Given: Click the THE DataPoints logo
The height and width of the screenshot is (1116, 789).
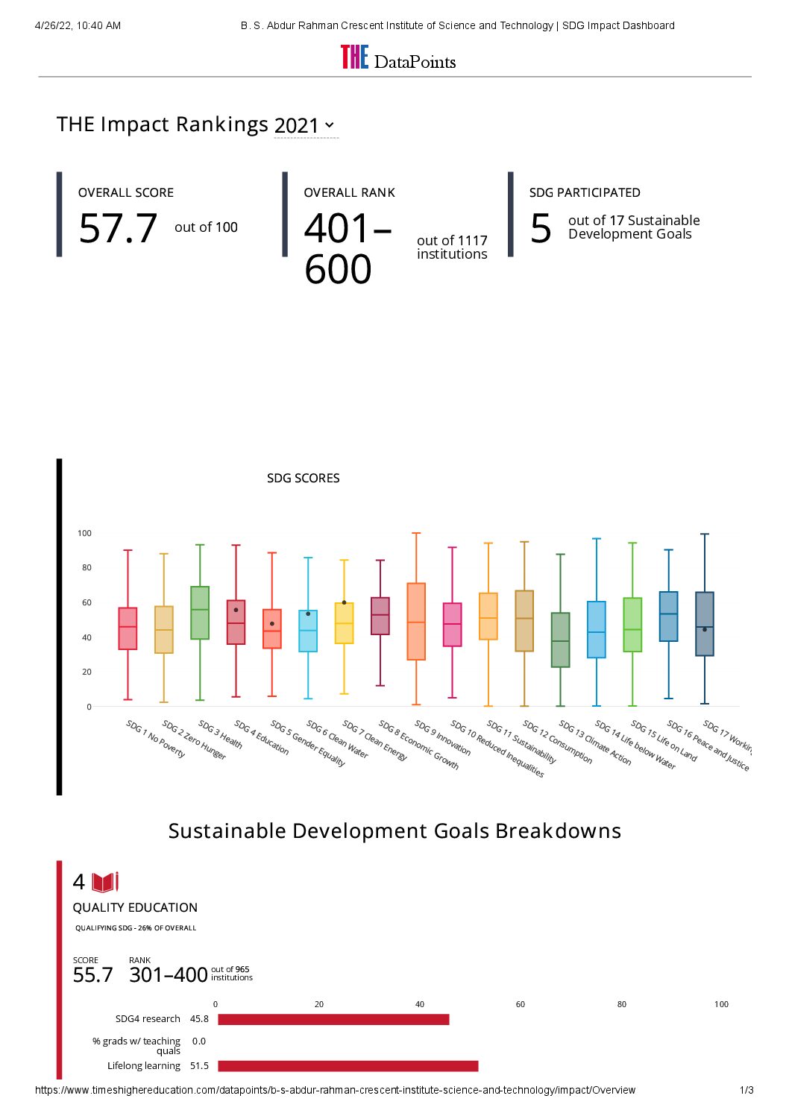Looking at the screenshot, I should coord(398,58).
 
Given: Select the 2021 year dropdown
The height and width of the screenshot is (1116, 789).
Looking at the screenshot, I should coord(305,125).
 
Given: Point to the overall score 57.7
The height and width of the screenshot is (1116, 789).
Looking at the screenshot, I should coord(118,228).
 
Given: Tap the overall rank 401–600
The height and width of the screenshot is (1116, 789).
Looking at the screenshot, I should coord(347,248).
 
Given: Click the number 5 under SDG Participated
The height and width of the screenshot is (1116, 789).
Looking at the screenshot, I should coord(541,228).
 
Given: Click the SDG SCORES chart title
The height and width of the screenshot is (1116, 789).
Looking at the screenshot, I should coord(303,478).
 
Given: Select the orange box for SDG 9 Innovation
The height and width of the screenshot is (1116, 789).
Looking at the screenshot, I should coord(416,621).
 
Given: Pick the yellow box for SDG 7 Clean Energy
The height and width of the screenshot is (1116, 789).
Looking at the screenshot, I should coord(344,623).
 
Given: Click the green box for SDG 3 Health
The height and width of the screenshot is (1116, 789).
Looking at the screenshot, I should coord(200,612).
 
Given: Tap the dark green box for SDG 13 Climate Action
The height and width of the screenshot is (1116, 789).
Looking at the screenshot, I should coord(560,640).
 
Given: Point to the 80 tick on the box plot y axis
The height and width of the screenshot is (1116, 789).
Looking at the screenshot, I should coord(87,567).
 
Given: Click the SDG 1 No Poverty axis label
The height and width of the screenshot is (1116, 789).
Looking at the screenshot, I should coord(155,739).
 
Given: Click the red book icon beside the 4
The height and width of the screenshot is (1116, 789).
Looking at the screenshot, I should coord(105,883).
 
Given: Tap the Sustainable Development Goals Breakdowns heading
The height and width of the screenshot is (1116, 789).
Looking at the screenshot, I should coord(394,830).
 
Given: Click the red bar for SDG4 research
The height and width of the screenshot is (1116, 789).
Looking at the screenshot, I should coord(333,1019).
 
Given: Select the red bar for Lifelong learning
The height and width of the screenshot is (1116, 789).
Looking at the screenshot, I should coord(348,1066).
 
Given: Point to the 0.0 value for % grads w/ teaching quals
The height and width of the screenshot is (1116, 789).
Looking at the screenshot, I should coord(199,1041).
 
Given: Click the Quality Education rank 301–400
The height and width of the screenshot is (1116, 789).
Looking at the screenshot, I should coord(169,975).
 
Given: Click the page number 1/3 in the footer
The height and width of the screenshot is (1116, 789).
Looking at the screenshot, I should coord(746,1090).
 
